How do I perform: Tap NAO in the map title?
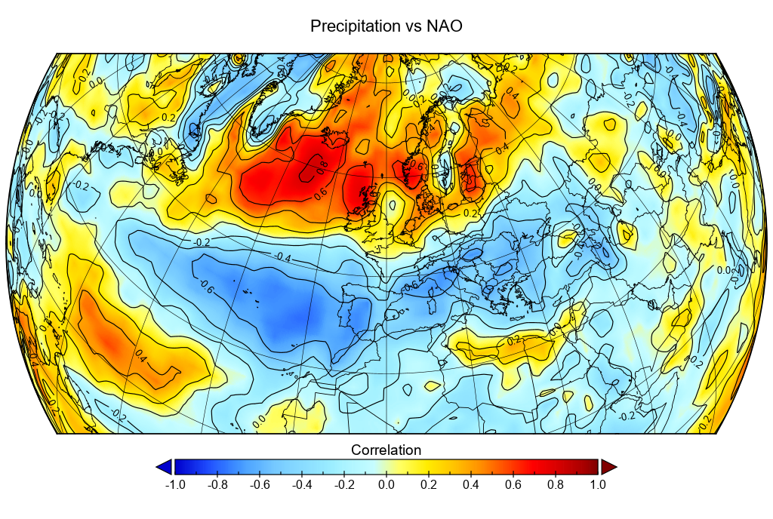(445, 26)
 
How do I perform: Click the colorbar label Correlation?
(386, 450)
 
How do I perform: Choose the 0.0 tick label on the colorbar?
(386, 484)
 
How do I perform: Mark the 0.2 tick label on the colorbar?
(429, 484)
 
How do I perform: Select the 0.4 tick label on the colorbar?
(471, 484)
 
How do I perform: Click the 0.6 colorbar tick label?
(513, 484)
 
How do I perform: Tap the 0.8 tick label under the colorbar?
(556, 484)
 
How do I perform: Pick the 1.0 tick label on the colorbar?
(598, 484)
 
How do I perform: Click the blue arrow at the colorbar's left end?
(164, 467)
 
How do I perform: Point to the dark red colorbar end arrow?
(608, 467)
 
